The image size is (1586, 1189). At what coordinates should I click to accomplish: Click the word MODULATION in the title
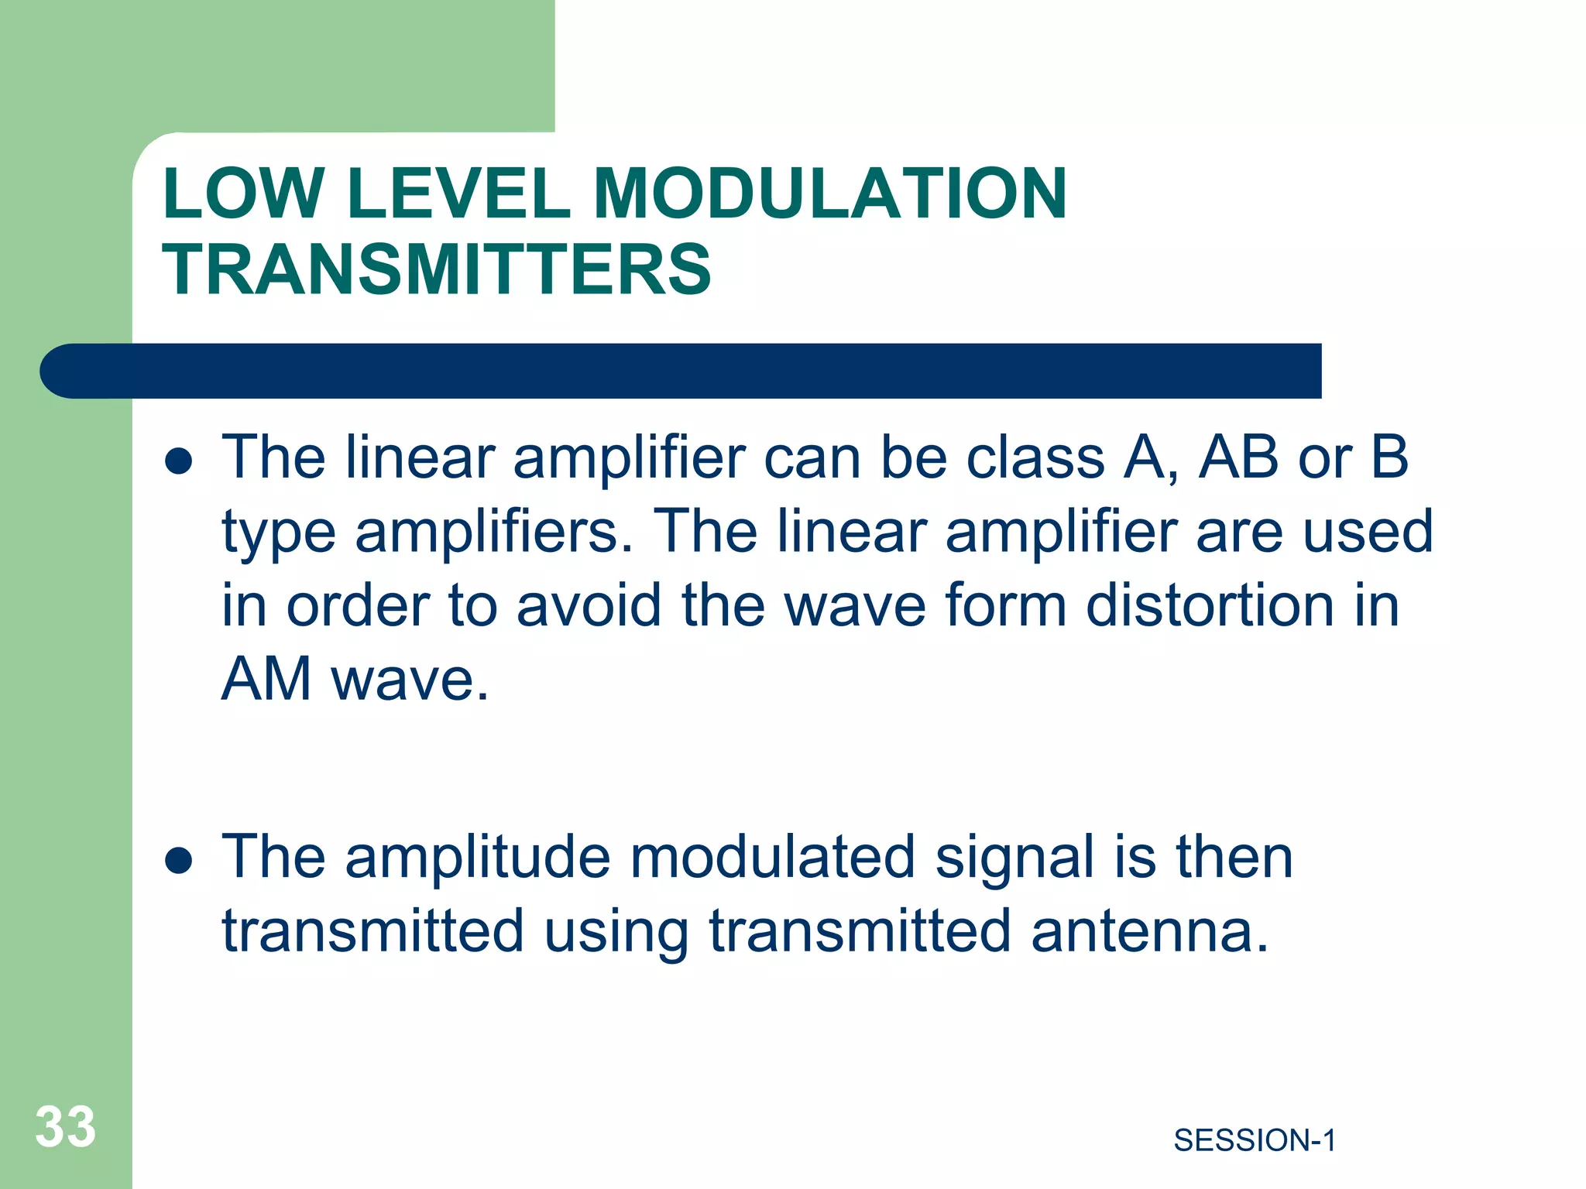829,194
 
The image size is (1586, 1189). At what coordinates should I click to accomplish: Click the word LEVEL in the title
458,194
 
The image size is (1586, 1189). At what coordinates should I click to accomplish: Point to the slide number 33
66,1126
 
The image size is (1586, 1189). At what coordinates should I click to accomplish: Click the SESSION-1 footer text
1255,1140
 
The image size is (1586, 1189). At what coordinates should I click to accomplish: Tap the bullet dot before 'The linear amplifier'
179,462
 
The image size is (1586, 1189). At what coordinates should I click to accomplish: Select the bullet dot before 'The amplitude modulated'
179,860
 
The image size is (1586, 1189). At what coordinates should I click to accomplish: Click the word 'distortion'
1210,605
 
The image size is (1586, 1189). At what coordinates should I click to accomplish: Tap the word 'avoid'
589,605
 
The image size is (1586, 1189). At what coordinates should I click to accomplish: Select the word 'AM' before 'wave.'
266,680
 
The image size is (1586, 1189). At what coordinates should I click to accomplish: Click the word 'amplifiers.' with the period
494,533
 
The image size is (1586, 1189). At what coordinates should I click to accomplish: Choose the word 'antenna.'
1150,932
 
